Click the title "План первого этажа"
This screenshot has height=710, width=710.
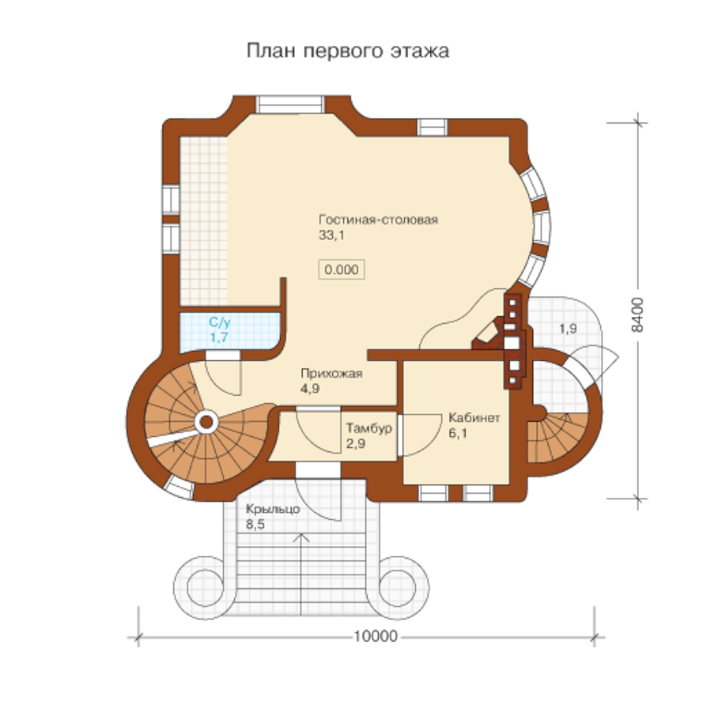coord(347,51)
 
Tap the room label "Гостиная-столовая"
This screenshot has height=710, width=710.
coord(378,220)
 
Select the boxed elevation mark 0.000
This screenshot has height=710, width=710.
coord(341,270)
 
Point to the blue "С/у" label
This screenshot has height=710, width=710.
coord(220,322)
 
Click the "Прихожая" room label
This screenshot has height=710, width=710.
coord(331,374)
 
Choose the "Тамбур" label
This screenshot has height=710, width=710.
coord(369,428)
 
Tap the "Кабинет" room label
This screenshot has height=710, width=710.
coord(474,418)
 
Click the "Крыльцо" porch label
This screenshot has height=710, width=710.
coord(272,510)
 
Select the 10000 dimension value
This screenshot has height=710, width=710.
coord(375,636)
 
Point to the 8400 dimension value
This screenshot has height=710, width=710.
coord(637,314)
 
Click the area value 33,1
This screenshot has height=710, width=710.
coord(331,235)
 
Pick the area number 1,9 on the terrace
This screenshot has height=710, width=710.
coord(568,328)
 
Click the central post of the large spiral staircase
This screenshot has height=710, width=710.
coord(206,423)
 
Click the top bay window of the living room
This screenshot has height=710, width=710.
coord(290,104)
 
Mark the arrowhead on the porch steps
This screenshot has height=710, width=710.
coord(302,538)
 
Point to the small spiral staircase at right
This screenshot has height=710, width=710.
coord(558,439)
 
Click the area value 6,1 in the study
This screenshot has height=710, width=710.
coord(457,434)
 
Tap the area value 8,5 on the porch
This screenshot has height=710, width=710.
coord(255,525)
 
